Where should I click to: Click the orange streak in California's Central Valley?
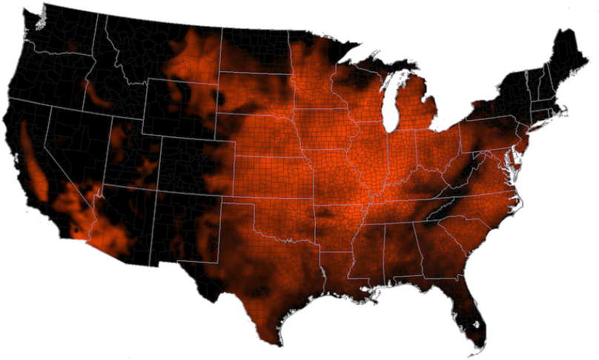coord(33,159)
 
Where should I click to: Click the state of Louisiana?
coord(337,278)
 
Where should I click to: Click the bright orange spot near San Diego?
coord(76,235)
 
